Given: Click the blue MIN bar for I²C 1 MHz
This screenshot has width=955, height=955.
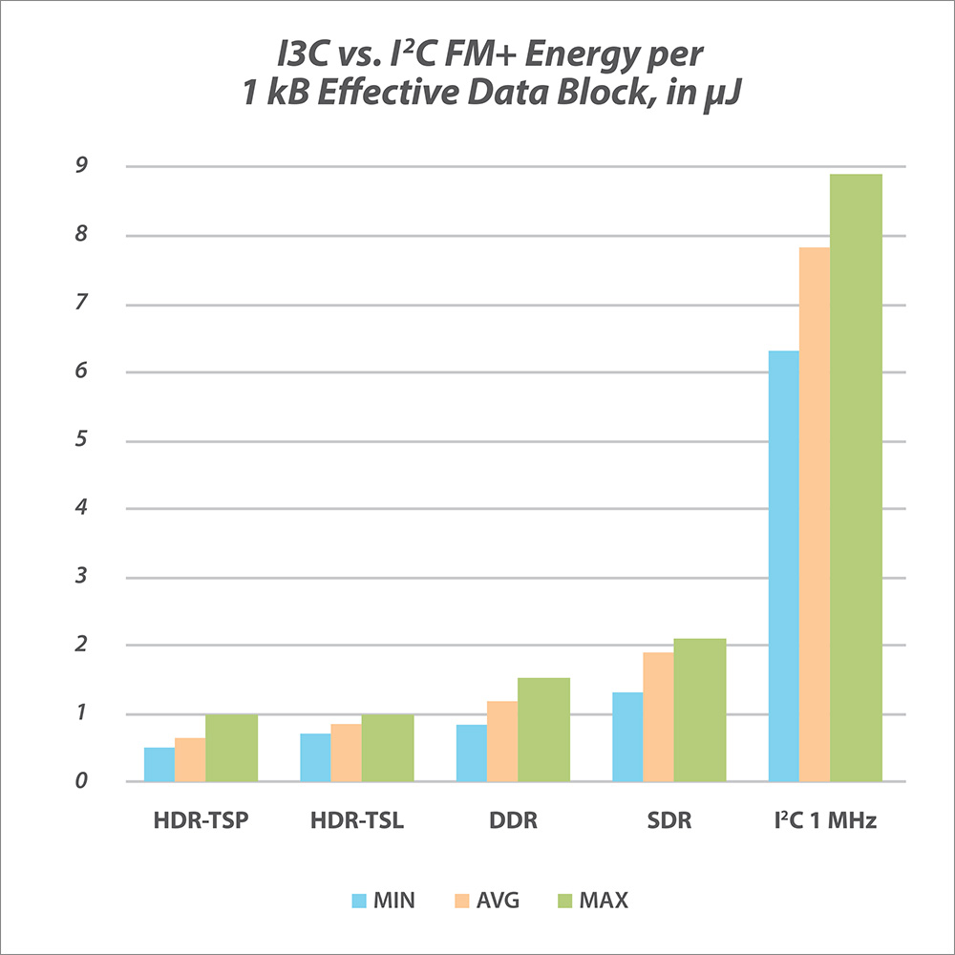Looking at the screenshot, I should point(784,566).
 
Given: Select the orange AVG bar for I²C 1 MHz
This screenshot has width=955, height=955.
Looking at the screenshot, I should point(815,515).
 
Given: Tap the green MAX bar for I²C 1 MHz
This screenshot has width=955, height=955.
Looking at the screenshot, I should point(856,477).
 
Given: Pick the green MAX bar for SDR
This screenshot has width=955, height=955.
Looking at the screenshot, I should point(700,710).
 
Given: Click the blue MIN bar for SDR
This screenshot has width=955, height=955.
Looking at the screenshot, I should point(627,736).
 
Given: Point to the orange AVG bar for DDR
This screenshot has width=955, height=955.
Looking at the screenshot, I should point(502,741).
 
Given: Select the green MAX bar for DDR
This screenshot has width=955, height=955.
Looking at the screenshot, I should point(543,730).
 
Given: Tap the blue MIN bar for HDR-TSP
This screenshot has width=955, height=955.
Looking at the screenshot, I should point(159,764).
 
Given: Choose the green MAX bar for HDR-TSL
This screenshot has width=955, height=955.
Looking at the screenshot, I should point(388,748).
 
